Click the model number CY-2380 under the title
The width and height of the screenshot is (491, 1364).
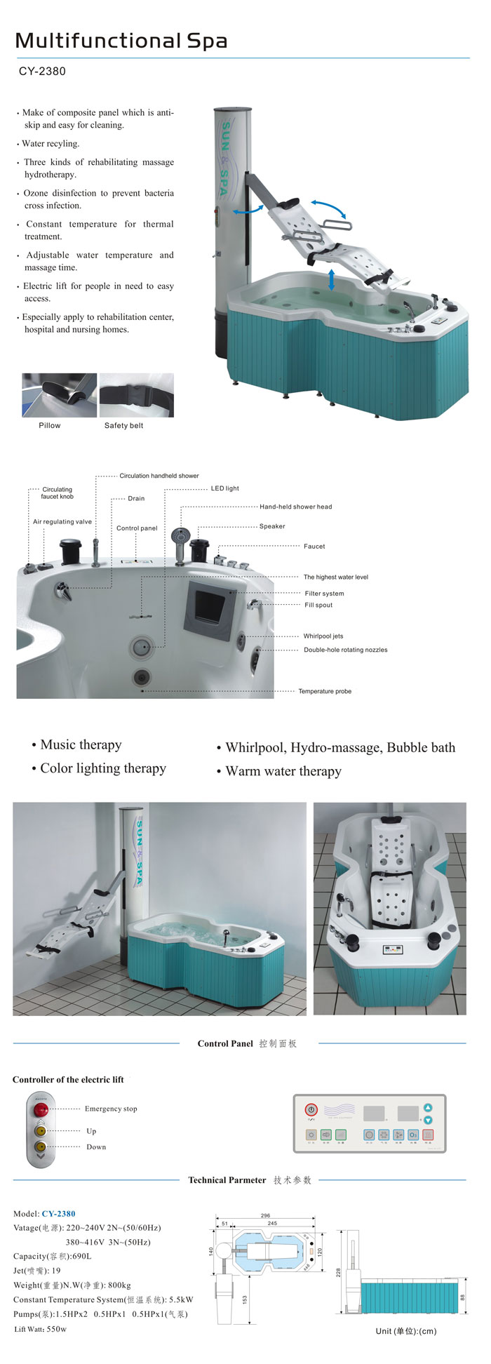(x=42, y=72)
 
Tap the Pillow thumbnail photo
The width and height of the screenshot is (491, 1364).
(x=59, y=395)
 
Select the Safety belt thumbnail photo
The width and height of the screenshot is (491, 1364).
(x=136, y=395)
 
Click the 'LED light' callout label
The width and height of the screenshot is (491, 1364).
(x=224, y=488)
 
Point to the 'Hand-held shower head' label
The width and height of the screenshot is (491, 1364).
(x=295, y=507)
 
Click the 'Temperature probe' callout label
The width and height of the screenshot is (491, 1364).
(x=324, y=691)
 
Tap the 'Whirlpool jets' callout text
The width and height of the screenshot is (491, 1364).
(x=323, y=636)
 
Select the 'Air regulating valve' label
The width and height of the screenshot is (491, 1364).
(x=62, y=522)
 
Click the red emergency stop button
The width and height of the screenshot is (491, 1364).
(x=41, y=1109)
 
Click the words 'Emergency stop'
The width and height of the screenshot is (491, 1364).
(x=111, y=1109)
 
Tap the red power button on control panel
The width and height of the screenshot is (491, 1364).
(x=311, y=1110)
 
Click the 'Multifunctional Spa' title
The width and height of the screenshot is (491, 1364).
(x=121, y=41)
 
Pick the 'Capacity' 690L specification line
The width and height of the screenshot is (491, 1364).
(x=52, y=1257)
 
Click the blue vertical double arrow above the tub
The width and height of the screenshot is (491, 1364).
(x=331, y=279)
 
